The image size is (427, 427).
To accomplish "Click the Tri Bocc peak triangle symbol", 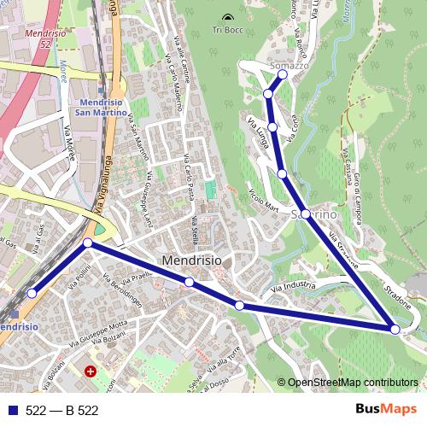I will [226, 18].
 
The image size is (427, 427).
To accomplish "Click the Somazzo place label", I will [288, 65].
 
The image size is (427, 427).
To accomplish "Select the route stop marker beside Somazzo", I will [283, 74].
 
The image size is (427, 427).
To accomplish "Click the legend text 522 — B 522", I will [61, 410].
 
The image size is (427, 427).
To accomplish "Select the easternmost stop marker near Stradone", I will [395, 329].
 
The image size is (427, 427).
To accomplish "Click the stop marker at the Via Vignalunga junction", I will [88, 244].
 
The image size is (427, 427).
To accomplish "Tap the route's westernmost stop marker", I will [32, 293].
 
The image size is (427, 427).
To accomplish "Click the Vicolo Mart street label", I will [264, 199].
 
